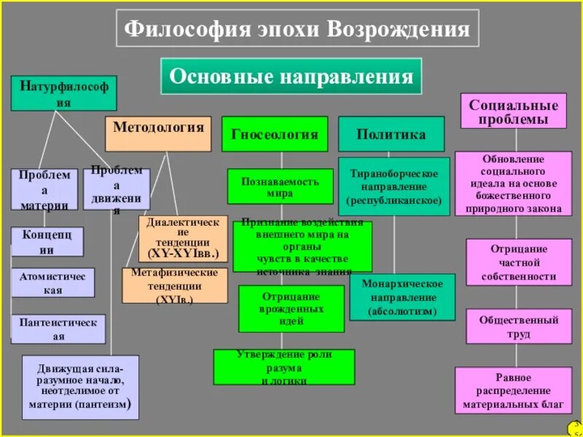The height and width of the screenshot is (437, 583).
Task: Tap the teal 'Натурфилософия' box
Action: (x=63, y=93)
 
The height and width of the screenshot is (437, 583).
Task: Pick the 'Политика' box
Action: (x=391, y=134)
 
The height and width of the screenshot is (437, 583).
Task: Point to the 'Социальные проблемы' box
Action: (x=513, y=111)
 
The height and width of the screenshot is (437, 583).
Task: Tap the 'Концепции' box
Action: (x=47, y=242)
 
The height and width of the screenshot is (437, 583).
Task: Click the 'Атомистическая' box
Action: (x=52, y=283)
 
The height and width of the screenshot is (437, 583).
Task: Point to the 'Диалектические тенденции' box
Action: (x=183, y=239)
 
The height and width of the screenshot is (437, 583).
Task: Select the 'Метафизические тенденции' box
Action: (x=174, y=286)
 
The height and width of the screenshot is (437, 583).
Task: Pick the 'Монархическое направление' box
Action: (x=402, y=297)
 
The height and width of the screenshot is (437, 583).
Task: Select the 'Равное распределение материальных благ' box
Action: (x=513, y=390)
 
